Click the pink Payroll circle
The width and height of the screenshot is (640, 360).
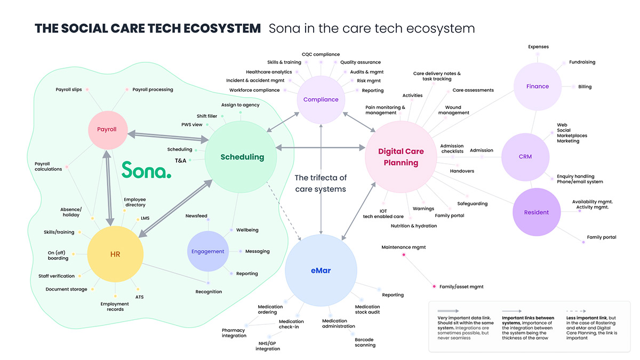click(108, 130)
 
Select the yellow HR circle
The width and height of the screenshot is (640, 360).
click(115, 254)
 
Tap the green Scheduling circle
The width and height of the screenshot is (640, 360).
click(241, 157)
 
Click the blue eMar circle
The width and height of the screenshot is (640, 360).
click(321, 270)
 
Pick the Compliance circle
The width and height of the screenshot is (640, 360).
click(321, 99)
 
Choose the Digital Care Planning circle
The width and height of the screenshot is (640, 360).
click(401, 157)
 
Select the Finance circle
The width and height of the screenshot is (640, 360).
click(538, 86)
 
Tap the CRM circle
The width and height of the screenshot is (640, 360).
click(525, 157)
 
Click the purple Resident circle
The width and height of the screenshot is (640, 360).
click(537, 212)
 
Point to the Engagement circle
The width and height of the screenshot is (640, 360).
click(207, 251)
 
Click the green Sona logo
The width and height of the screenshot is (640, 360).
click(146, 170)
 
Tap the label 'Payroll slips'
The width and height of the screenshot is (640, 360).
click(69, 90)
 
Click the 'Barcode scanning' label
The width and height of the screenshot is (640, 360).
click(365, 342)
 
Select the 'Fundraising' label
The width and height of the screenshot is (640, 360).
click(582, 62)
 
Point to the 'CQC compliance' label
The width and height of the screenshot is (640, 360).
click(321, 54)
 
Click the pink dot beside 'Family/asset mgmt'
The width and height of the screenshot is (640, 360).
click(434, 286)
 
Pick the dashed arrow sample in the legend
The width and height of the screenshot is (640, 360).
click(576, 311)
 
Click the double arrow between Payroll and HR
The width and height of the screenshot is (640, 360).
click(108, 188)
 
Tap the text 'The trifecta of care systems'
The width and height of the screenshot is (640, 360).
click(321, 183)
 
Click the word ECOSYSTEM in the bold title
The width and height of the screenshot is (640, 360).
click(222, 28)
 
